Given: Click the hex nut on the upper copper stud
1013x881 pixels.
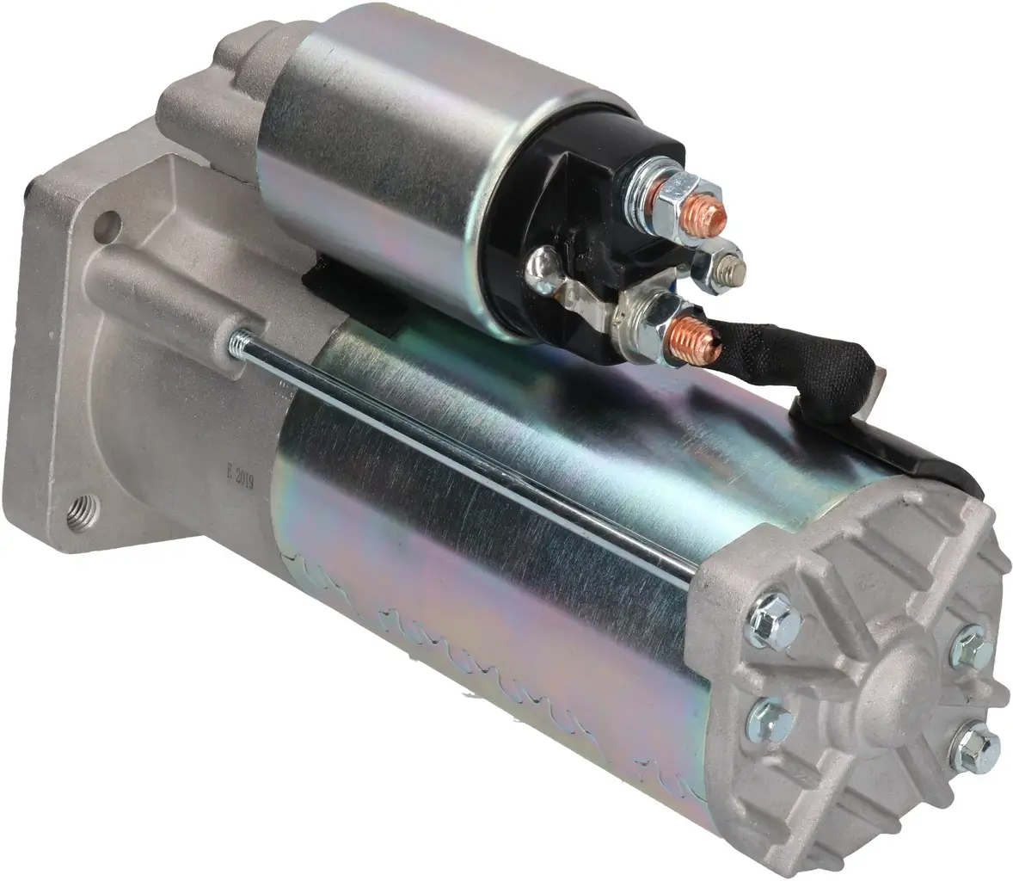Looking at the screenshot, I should (682, 194).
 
